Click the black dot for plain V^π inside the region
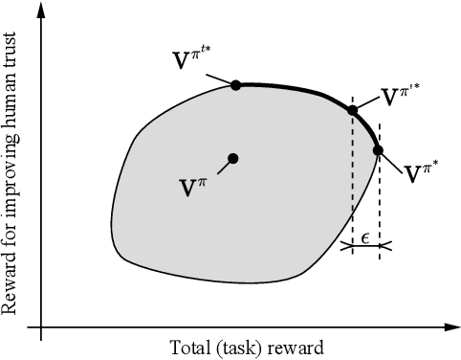[232, 158]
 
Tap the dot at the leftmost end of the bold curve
[236, 85]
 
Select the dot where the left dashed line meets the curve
[352, 111]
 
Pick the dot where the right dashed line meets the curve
[378, 150]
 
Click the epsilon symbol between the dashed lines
[364, 236]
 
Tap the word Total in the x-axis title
[187, 347]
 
